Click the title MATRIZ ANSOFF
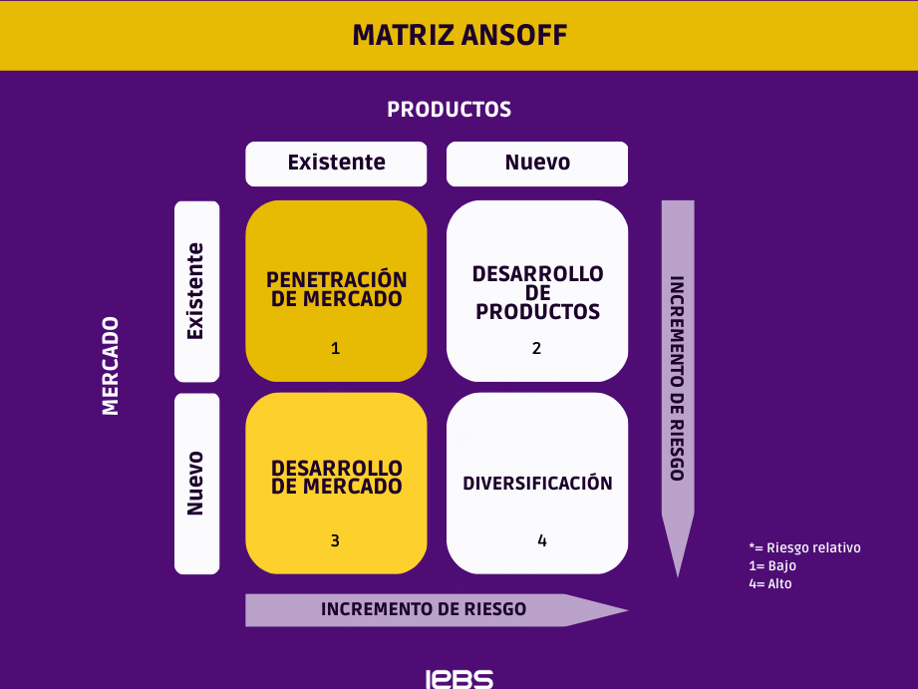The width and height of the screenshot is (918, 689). (459, 35)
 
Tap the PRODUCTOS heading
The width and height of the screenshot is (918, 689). (450, 110)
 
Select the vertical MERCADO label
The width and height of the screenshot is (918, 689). (110, 366)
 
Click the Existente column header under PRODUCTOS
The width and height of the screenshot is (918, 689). (336, 163)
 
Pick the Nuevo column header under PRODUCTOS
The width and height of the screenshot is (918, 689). (537, 163)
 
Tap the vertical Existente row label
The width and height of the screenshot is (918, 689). (195, 291)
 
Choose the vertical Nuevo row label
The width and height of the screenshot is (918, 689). (195, 484)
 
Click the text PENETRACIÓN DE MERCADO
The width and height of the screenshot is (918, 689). (337, 289)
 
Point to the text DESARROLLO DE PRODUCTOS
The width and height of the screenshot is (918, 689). (537, 292)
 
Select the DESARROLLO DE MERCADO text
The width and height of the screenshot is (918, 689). (337, 477)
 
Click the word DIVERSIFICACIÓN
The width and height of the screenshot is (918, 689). (537, 483)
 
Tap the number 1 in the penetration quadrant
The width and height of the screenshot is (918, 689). (336, 349)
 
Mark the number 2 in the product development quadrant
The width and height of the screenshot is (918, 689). (536, 349)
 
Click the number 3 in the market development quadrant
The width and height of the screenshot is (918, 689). (335, 540)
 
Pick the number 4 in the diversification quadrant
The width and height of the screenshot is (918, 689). (542, 540)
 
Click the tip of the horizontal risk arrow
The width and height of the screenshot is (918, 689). (628, 610)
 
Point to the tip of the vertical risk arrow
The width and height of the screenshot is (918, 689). (678, 577)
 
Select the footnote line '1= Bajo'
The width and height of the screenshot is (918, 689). (772, 566)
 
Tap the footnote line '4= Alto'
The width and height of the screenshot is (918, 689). (770, 583)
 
